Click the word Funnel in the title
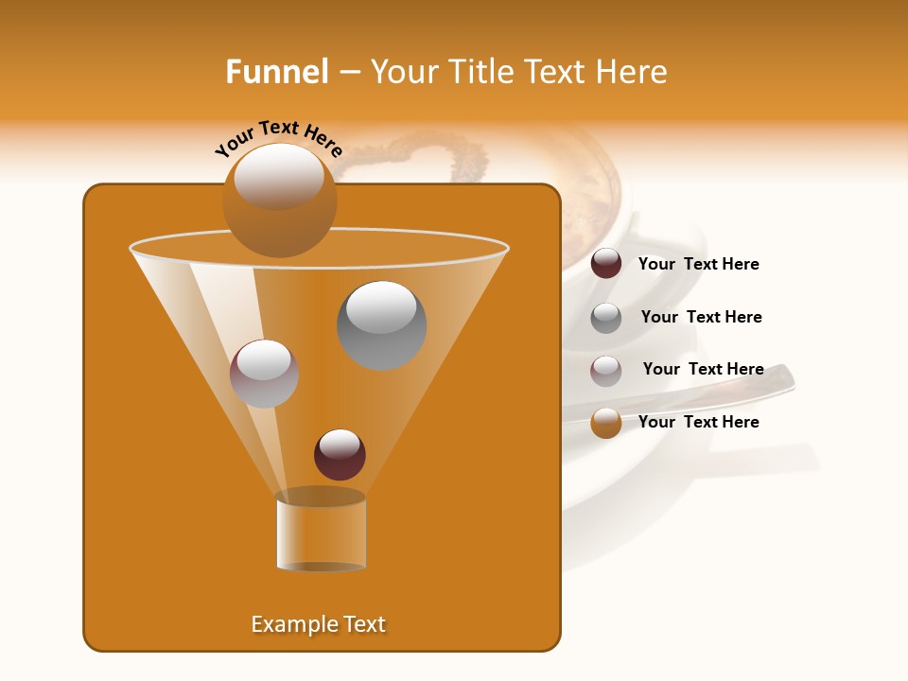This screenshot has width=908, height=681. (276, 72)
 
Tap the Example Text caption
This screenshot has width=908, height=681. (319, 624)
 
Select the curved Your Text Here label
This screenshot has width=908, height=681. (279, 136)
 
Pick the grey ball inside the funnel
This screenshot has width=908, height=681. (382, 324)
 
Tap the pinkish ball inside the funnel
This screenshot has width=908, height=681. (264, 374)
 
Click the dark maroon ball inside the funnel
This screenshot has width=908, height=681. (340, 455)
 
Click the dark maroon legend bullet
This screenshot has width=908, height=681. (606, 264)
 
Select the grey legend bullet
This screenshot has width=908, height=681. (606, 318)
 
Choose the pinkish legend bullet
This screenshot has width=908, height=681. (606, 371)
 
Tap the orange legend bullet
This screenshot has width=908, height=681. (606, 423)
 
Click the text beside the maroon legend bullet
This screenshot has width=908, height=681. (698, 265)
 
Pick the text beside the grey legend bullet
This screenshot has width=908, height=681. (701, 318)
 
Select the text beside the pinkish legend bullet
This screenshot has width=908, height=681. (703, 370)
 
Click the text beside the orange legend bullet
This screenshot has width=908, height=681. (698, 422)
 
